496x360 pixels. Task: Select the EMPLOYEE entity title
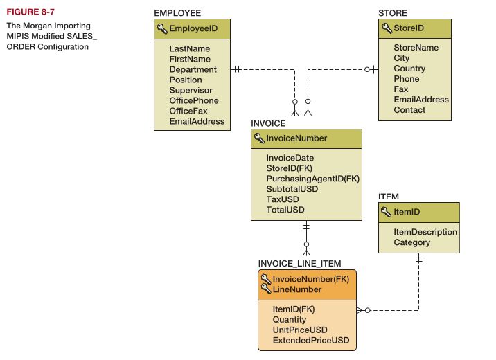pos(177,13)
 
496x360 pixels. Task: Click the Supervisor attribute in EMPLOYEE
pos(191,90)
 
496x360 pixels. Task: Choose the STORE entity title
pos(393,13)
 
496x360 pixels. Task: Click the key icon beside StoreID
pos(387,28)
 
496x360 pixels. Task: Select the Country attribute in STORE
pos(409,69)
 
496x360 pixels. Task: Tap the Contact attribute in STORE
pos(409,109)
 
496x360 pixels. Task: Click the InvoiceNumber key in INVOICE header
pos(296,138)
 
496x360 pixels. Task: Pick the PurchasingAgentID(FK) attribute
pos(312,179)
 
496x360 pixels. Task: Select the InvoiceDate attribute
pos(290,158)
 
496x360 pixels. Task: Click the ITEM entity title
pos(389,197)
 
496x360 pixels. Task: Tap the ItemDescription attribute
pos(425,232)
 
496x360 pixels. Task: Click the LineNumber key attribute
pos(297,289)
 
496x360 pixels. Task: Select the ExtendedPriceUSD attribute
pos(311,341)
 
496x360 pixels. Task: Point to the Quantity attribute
pos(290,320)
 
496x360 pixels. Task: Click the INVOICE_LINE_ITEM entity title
pos(300,264)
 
